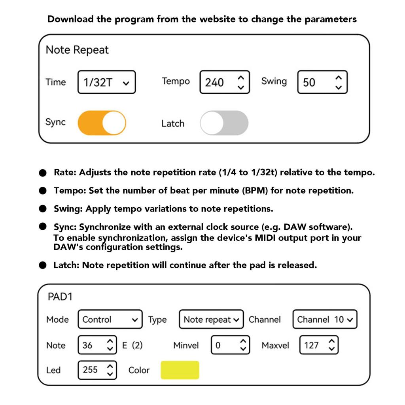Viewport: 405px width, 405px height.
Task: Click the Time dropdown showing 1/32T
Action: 106,82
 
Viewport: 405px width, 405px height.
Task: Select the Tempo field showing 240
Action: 224,82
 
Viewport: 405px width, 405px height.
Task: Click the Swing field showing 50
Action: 322,82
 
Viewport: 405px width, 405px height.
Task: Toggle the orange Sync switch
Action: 102,123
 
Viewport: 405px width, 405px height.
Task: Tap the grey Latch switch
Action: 224,123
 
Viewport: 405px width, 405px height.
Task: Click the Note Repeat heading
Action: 77,50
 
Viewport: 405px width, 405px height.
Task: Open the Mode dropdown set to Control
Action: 110,320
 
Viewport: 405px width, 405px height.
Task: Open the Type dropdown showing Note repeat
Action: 211,320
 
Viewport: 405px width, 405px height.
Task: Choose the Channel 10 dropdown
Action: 325,320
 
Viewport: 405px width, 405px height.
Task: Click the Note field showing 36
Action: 97,345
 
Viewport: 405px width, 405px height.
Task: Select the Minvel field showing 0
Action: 231,345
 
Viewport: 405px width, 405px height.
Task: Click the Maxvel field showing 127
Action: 319,345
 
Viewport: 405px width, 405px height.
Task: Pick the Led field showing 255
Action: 97,370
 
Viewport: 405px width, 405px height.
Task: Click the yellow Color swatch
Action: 180,370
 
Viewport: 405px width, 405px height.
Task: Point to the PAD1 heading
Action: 60,297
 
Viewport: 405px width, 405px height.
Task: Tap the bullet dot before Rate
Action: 43,173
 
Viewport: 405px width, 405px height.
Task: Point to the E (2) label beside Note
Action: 132,345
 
